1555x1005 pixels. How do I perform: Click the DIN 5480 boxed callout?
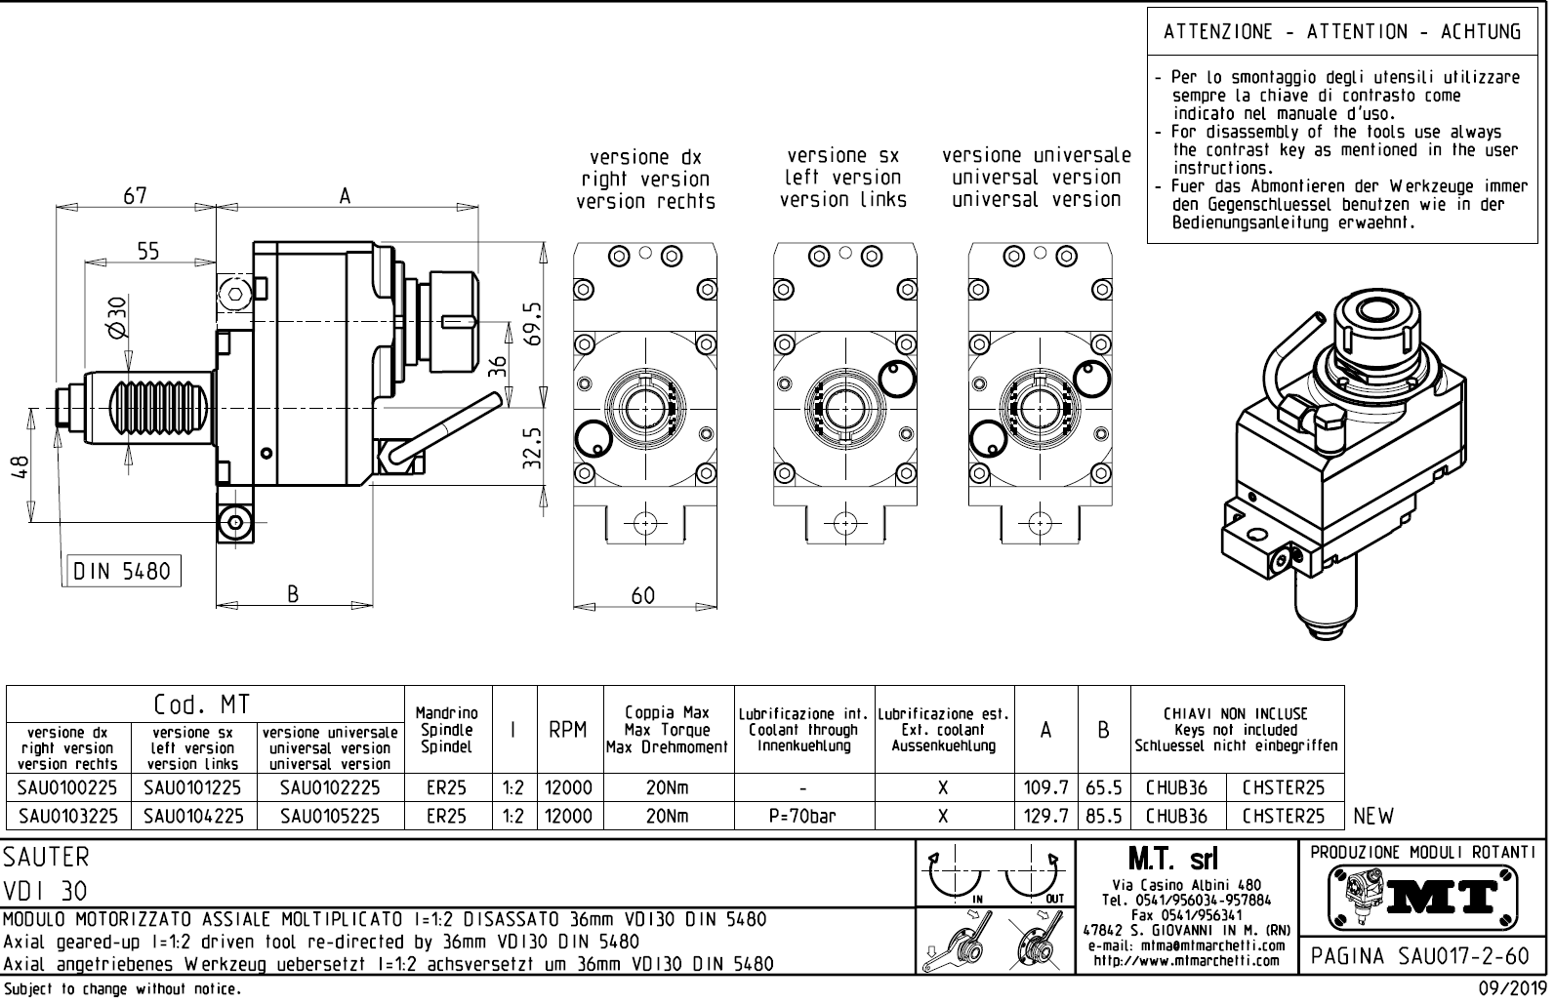coord(123,572)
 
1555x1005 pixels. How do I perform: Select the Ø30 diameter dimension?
coord(116,317)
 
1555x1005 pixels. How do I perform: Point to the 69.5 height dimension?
coord(533,323)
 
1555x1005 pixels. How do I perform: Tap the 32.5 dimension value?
coord(533,448)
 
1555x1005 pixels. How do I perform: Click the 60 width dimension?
coord(643,596)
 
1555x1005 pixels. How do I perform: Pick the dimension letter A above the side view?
coord(345,196)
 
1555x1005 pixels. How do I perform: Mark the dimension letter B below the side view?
coord(292,594)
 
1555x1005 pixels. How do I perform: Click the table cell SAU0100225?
coord(67,787)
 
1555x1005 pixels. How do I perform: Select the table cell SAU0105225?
coord(329,816)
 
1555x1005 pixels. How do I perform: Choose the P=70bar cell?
coord(802,816)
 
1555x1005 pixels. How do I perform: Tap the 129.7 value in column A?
coord(1045,816)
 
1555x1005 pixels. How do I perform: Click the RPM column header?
coord(567,730)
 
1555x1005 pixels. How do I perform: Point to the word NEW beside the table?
coord(1373,816)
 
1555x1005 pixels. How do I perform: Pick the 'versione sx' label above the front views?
coord(842,156)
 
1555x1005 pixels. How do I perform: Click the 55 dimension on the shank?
coord(147,252)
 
